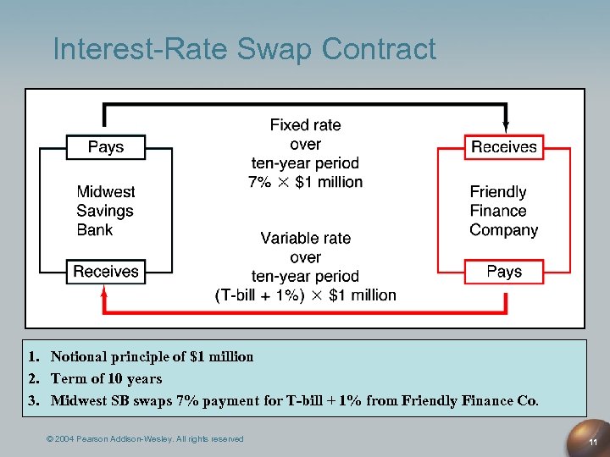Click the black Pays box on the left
[x=106, y=147]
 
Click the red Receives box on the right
[x=504, y=147]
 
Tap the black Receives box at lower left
[x=106, y=272]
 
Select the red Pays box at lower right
[x=504, y=272]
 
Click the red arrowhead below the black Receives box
[x=105, y=293]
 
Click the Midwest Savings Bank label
[x=106, y=211]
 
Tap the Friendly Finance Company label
[x=504, y=211]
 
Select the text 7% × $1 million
[x=305, y=182]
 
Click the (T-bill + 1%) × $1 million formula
[x=305, y=295]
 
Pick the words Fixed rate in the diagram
[x=305, y=125]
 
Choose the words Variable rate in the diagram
[x=305, y=239]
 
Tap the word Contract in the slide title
[x=381, y=50]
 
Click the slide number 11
[x=594, y=443]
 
